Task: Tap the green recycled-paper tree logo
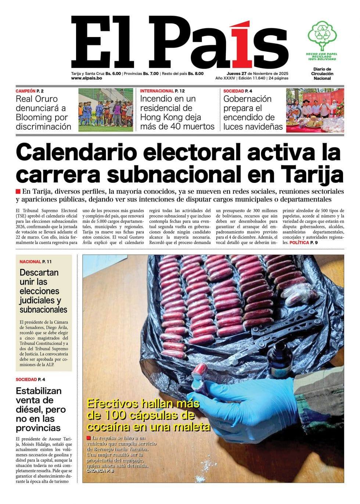tap(322, 35)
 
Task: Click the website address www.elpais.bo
tap(87, 78)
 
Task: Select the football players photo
tap(105, 110)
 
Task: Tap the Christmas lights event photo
tap(315, 110)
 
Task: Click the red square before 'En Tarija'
tap(18, 191)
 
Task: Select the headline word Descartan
tap(39, 273)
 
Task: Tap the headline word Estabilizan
tap(39, 390)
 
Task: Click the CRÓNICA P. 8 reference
tap(100, 471)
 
